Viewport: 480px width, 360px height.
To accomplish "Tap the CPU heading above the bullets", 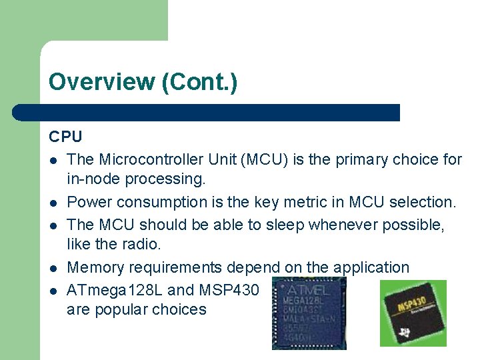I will [x=65, y=137].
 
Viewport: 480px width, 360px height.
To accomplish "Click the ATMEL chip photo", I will [x=309, y=313].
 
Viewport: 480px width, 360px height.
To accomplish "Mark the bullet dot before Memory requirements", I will [x=52, y=268].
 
